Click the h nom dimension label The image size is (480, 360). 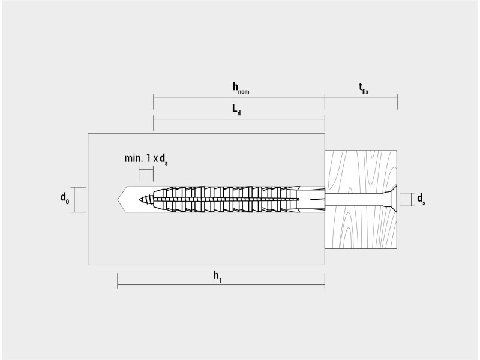click(x=241, y=88)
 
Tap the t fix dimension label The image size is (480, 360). click(x=364, y=88)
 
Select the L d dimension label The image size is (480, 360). click(x=236, y=110)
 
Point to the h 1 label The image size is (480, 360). click(x=218, y=277)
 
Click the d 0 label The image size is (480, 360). click(x=65, y=198)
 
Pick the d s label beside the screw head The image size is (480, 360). click(x=421, y=199)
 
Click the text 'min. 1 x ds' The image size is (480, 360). click(x=146, y=159)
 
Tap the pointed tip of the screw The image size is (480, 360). click(x=139, y=200)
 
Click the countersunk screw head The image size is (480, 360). click(x=392, y=199)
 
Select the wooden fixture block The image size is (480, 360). click(x=361, y=199)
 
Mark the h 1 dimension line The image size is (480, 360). click(x=221, y=284)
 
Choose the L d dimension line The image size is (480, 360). click(x=239, y=119)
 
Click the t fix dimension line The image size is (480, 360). click(x=361, y=98)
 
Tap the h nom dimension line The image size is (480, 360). click(x=239, y=98)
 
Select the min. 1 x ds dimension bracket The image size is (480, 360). click(x=146, y=169)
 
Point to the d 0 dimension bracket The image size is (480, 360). click(x=75, y=200)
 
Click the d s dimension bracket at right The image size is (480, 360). click(x=411, y=199)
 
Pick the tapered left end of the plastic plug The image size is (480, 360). click(x=158, y=200)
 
